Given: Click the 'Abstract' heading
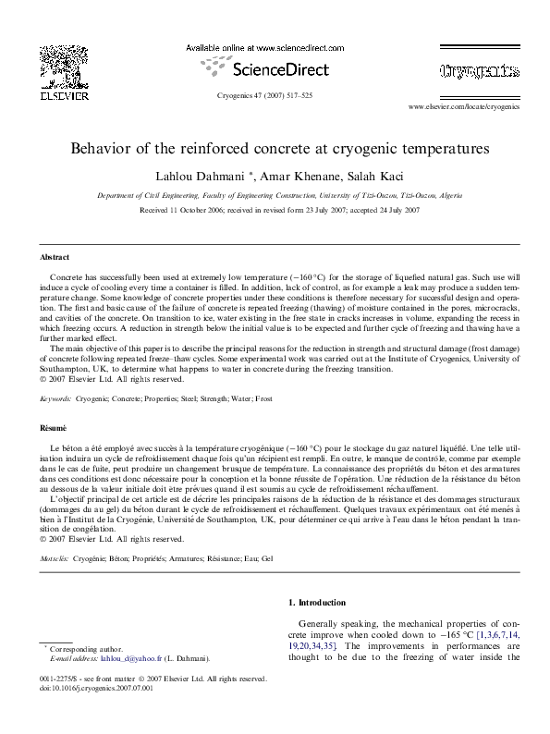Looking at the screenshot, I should [x=54, y=256].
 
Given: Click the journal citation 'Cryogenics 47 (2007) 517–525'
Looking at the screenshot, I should [x=265, y=95].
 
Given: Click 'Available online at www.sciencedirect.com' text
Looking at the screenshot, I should [x=265, y=46].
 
